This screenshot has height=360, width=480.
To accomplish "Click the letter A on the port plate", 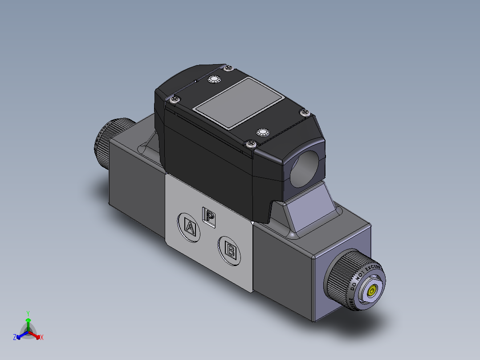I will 190,228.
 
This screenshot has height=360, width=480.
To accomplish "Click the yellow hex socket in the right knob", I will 371,292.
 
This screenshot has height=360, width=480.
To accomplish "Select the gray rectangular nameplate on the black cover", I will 239,103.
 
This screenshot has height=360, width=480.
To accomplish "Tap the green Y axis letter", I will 28,313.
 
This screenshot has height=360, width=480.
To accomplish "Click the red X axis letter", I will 42,338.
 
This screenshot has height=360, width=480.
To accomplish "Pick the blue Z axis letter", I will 14,338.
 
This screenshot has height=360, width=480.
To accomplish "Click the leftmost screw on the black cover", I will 174,99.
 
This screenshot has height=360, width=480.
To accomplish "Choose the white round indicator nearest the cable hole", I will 263,132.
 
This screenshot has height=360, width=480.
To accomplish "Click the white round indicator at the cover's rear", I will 214,80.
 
